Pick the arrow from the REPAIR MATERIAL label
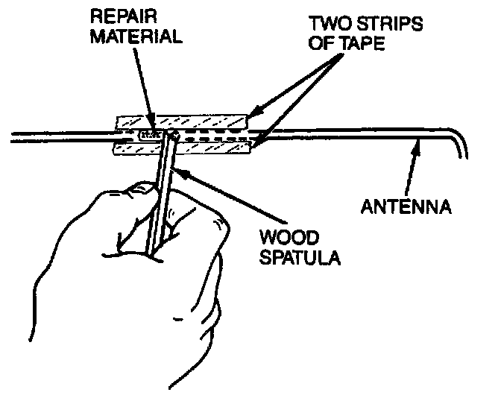pos(146,86)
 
